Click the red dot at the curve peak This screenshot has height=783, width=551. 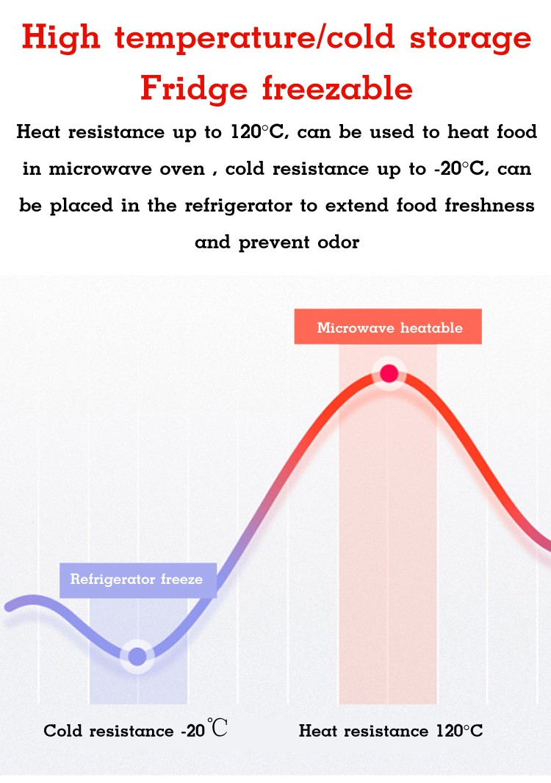389,374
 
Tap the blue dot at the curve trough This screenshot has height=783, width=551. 137,656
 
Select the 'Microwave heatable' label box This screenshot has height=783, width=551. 388,328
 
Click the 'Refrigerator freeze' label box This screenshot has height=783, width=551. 137,580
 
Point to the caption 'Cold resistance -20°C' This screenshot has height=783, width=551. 135,730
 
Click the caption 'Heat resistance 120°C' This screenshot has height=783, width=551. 391,731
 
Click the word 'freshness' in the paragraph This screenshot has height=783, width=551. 490,206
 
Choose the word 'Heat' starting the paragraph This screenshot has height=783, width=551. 38,132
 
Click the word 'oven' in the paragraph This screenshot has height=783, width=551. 182,169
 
